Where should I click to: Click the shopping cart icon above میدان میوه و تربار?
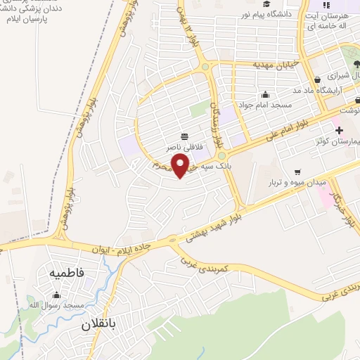298,171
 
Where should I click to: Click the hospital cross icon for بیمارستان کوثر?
339,130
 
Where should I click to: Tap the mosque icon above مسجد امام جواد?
265,95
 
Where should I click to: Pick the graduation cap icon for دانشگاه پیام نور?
268,6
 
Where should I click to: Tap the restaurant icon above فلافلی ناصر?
184,136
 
